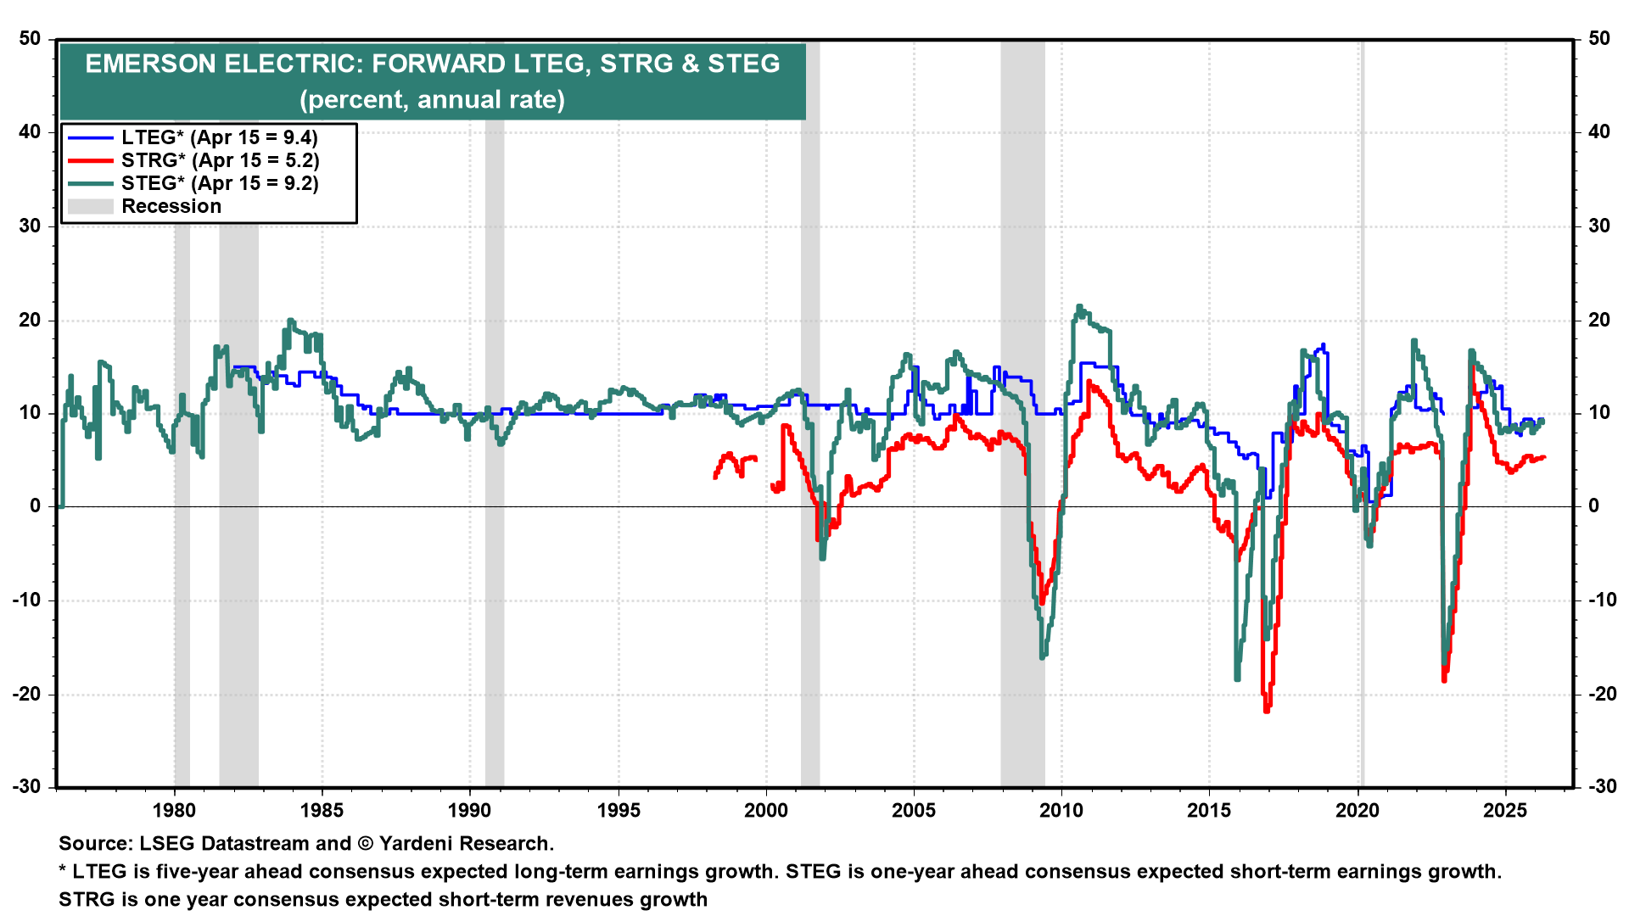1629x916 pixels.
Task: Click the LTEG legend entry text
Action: [219, 137]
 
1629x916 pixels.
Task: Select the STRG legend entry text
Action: [220, 160]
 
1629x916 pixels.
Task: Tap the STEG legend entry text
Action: [220, 183]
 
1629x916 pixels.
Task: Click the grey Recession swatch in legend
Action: [90, 206]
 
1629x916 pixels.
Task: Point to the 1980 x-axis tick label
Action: [174, 810]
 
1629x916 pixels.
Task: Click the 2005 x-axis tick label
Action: [914, 810]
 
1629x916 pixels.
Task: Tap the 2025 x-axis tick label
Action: [1504, 810]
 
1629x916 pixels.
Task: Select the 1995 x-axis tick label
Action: [619, 810]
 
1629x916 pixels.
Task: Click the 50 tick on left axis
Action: [31, 39]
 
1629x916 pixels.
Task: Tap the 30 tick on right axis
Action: [1599, 226]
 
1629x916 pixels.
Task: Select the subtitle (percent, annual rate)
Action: [432, 100]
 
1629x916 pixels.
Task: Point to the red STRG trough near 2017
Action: [1267, 709]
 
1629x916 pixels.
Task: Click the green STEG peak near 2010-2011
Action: [1079, 307]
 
